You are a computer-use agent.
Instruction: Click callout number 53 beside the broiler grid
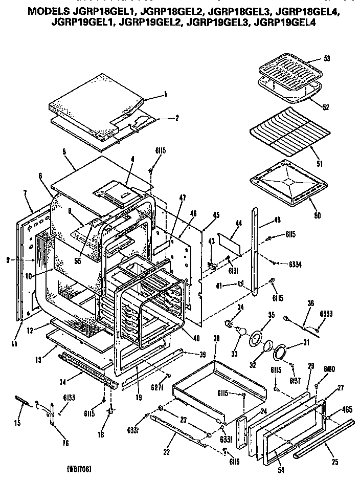(x=327, y=58)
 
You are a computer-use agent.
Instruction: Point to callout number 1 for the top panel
(x=166, y=94)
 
